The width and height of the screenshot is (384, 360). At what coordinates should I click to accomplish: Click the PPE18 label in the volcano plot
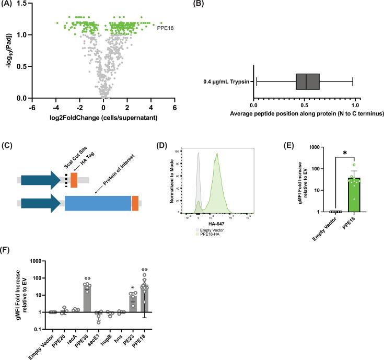(x=166, y=30)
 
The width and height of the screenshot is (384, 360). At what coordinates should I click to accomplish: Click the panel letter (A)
(x=9, y=5)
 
